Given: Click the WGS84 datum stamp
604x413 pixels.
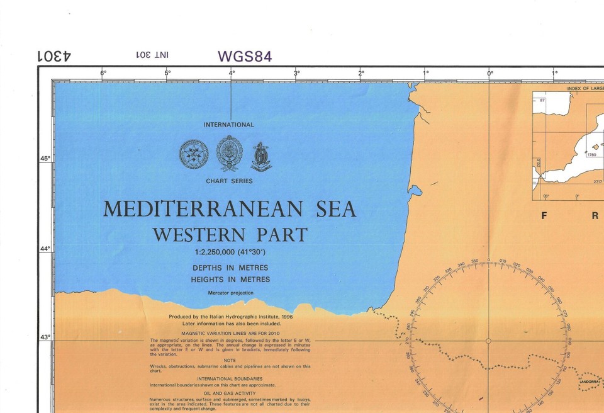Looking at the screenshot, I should click(x=245, y=56).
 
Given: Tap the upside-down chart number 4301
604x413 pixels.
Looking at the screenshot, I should click(x=54, y=55).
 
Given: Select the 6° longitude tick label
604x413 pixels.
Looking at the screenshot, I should click(x=103, y=73).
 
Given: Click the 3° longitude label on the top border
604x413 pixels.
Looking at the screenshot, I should click(x=296, y=73).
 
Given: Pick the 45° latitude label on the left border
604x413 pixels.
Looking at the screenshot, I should click(x=45, y=159).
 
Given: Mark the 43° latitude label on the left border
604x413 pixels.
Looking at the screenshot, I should click(x=45, y=337).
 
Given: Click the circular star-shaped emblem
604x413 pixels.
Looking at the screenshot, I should click(x=194, y=154).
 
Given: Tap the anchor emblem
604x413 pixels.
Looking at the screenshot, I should click(x=260, y=157).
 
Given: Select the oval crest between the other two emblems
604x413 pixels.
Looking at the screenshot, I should click(x=230, y=153).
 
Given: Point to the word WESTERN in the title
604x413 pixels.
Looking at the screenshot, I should click(x=199, y=235).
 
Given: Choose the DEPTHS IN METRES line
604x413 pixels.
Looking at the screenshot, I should click(x=230, y=268).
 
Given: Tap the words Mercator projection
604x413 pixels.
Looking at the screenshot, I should click(x=230, y=293).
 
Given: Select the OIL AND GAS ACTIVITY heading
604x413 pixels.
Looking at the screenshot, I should click(x=230, y=393).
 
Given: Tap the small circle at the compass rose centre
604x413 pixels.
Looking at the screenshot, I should click(x=488, y=341).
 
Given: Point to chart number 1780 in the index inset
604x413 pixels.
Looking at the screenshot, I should click(x=591, y=154).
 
